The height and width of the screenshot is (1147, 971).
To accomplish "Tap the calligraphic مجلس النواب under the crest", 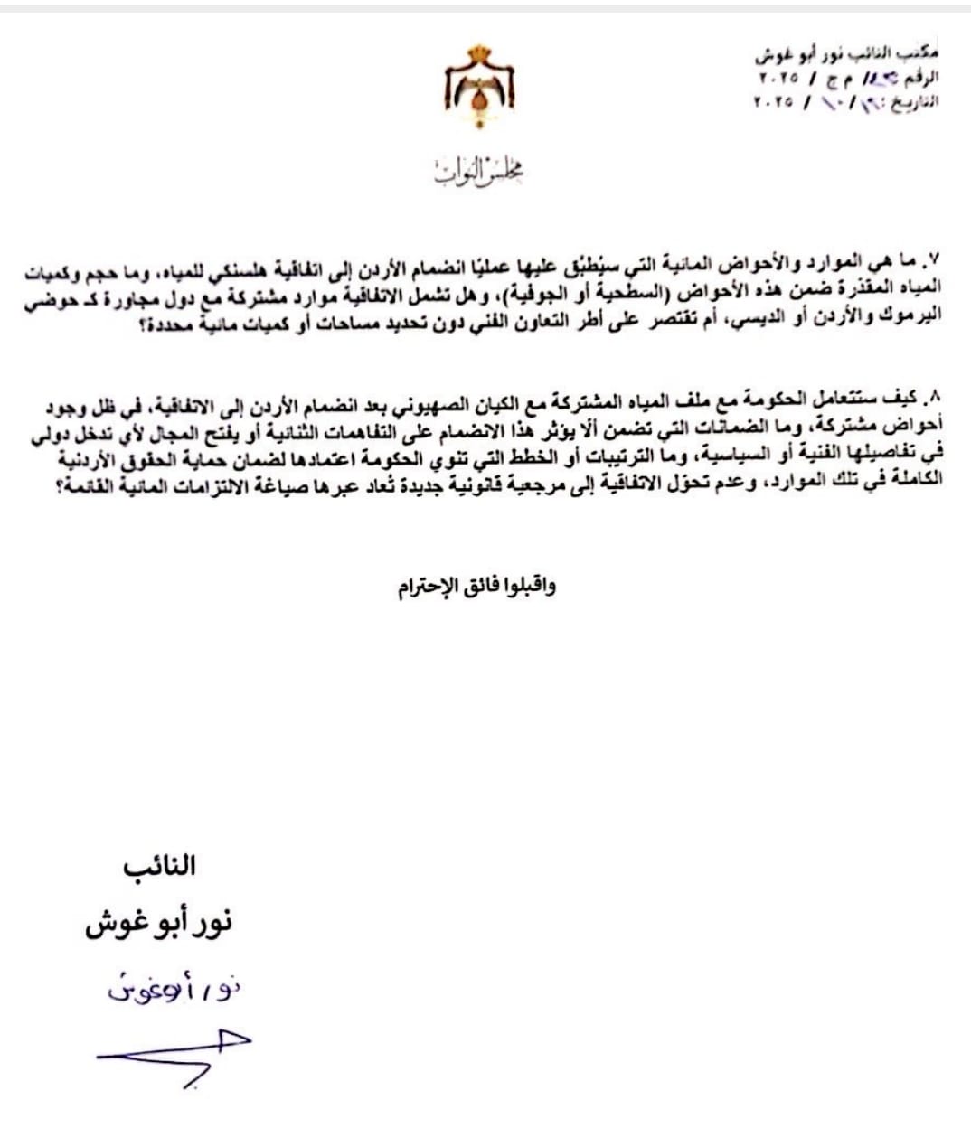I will tap(478, 170).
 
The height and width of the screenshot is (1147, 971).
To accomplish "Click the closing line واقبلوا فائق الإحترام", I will tap(477, 588).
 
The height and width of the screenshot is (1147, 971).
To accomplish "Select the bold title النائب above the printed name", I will tap(159, 866).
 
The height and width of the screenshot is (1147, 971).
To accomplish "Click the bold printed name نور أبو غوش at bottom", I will tap(159, 924).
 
